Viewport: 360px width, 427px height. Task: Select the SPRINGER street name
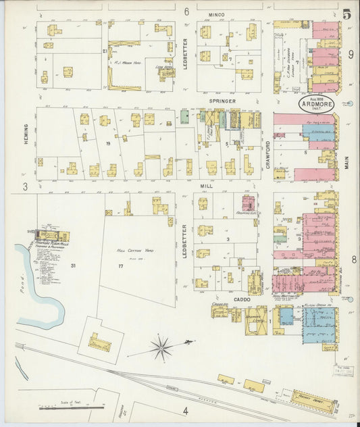coord(222,101)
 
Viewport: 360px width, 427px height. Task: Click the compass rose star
coord(161,349)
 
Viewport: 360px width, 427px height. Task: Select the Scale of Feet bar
coord(71,407)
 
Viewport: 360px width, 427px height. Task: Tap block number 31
coord(73,266)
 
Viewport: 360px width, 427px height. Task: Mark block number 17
coord(120,266)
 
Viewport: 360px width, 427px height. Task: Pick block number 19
coord(107,144)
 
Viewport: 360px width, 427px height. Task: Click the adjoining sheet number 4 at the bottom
coord(184,410)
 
